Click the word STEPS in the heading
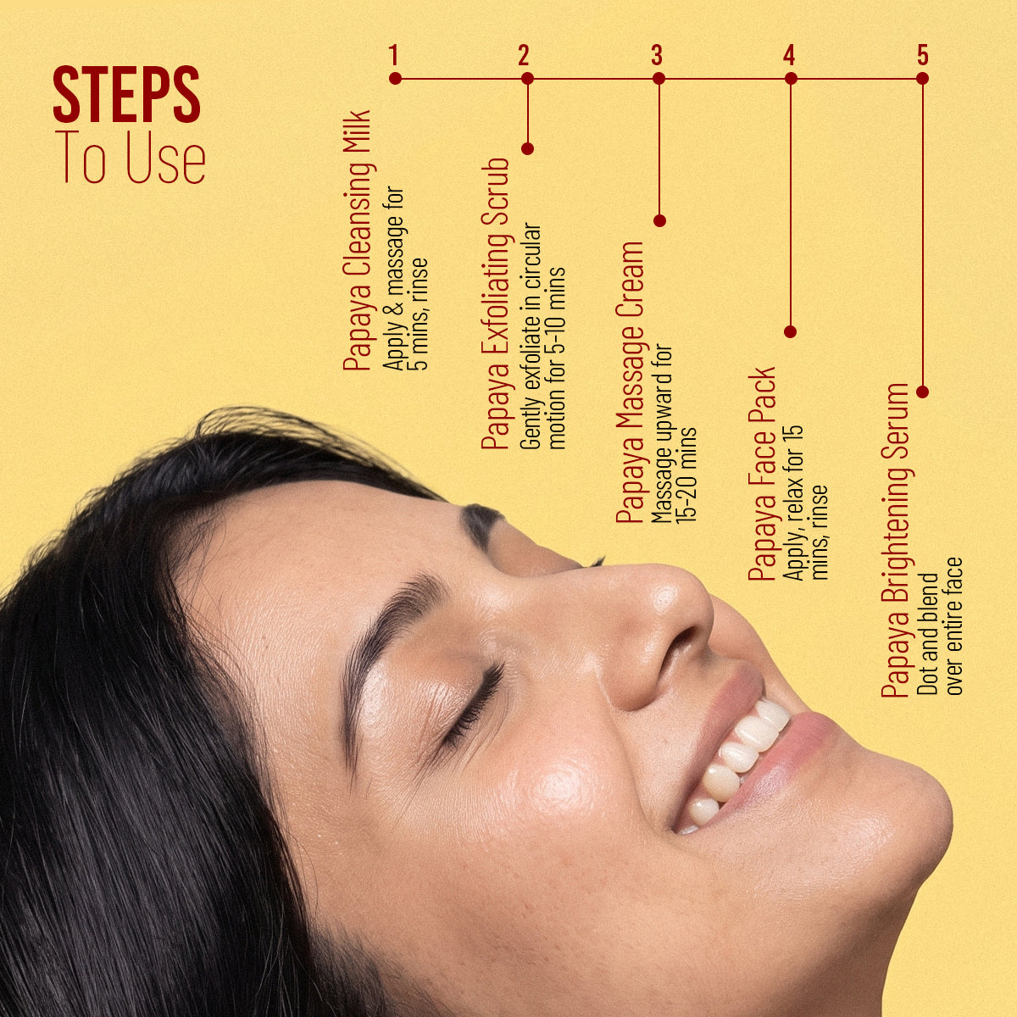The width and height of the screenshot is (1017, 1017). (126, 94)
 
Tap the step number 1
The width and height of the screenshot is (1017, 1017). (392, 55)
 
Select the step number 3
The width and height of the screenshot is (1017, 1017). (657, 55)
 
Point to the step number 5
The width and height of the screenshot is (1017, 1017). (923, 55)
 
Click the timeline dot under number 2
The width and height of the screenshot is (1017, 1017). (527, 79)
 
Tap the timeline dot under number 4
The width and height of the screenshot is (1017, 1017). (791, 79)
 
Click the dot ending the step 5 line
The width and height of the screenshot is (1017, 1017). (923, 392)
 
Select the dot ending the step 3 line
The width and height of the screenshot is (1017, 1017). (659, 220)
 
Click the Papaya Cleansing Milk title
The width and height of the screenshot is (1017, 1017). (358, 241)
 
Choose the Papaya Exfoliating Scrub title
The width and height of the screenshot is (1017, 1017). (496, 303)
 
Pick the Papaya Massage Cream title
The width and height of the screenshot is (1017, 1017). (631, 382)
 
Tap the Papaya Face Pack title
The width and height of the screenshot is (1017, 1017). (763, 474)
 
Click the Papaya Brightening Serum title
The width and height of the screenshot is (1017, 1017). (895, 541)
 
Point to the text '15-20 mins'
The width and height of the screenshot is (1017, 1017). (688, 475)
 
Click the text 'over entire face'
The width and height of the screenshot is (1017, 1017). (955, 626)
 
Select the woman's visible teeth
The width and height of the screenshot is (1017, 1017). (739, 760)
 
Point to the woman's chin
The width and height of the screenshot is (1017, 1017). (919, 823)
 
